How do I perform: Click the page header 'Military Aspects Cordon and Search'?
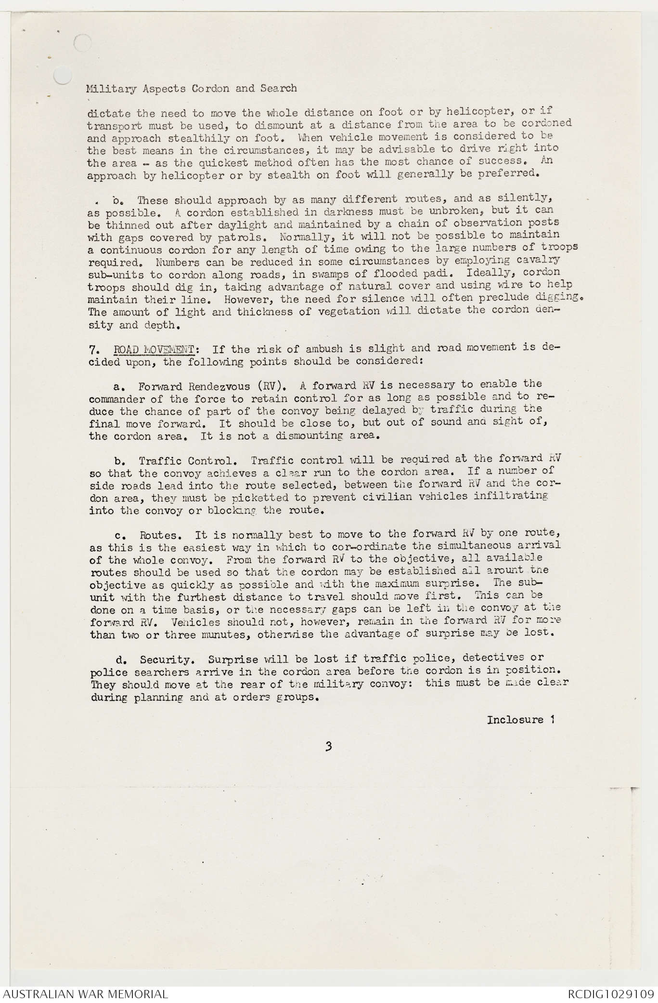coord(192,89)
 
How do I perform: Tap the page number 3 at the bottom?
coord(328,747)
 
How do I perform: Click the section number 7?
coord(94,349)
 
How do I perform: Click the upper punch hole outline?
coord(83,42)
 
